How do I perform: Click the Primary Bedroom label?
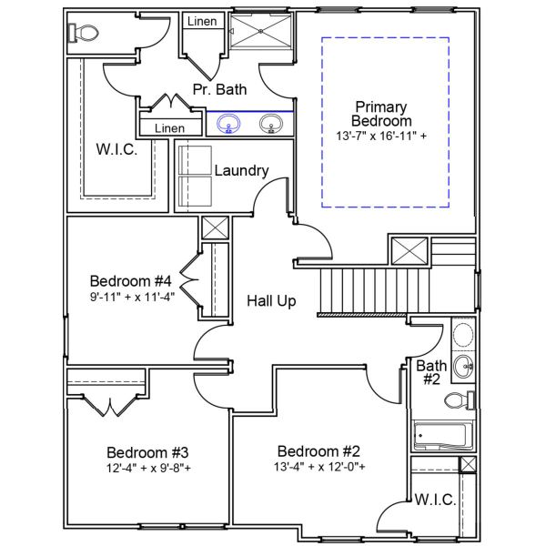coord(383,114)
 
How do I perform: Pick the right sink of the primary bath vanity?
coord(270,123)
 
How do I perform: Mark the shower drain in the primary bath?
coord(261,28)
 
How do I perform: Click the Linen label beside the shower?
coord(202,20)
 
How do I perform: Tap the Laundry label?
coord(241,170)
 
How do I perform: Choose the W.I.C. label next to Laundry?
coord(116,149)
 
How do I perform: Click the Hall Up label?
coord(271,300)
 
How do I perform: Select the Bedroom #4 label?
coord(131,280)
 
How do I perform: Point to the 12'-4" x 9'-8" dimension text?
coord(148,469)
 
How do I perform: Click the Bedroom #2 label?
coord(319,451)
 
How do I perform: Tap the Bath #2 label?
coord(431,372)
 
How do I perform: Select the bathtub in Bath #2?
coord(441,437)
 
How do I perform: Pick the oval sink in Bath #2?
coord(463,369)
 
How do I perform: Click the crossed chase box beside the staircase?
coord(409,250)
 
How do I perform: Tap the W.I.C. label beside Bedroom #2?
coord(435,500)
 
